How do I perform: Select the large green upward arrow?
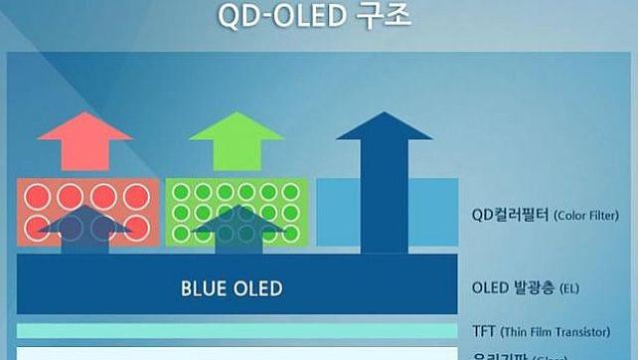point(237,141)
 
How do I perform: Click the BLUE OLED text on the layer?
point(232,289)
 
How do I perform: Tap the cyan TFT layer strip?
point(237,330)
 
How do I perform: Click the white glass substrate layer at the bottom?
point(237,353)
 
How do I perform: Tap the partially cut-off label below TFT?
point(517,355)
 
